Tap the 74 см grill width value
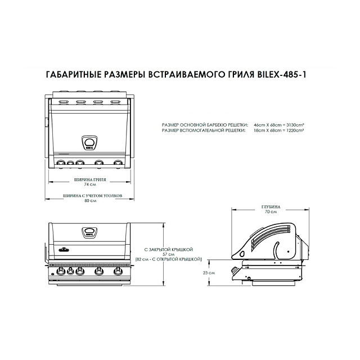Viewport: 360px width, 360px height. pyautogui.click(x=90, y=184)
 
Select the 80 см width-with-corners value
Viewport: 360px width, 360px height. pyautogui.click(x=90, y=201)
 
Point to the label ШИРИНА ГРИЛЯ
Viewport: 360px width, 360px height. pyautogui.click(x=90, y=179)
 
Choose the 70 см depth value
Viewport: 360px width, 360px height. pyautogui.click(x=271, y=212)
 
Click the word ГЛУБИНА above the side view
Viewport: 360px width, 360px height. pyautogui.click(x=271, y=207)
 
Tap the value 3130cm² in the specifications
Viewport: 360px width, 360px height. pyautogui.click(x=293, y=124)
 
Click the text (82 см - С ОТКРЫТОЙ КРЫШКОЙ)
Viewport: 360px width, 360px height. pyautogui.click(x=173, y=259)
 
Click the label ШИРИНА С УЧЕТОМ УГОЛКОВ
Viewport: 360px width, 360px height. pyautogui.click(x=90, y=196)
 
